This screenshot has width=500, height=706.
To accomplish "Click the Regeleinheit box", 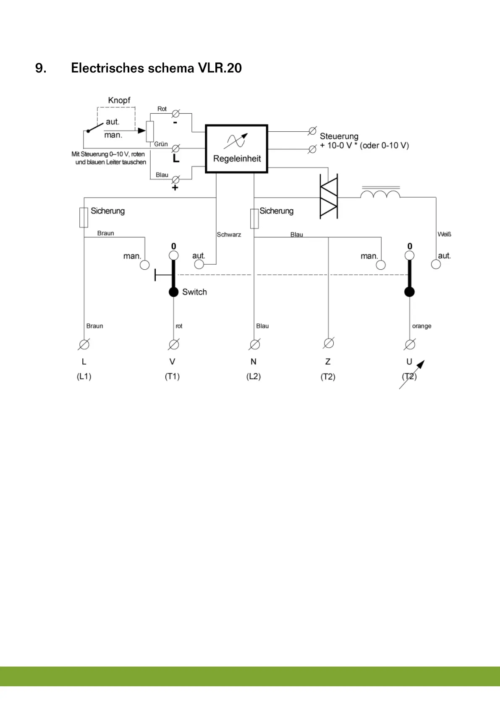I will (x=236, y=148).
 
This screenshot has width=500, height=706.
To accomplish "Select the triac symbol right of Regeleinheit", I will (x=328, y=196).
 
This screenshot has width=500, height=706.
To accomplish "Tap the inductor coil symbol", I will (x=380, y=194).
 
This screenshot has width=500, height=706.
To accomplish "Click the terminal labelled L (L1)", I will (x=84, y=344).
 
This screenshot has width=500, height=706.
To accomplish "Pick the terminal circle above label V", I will (x=173, y=344).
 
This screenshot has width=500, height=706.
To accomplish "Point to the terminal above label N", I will (x=254, y=344).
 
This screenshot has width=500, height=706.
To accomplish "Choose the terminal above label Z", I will (x=329, y=343).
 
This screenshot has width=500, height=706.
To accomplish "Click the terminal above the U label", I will (x=410, y=344).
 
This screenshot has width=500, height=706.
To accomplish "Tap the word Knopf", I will (x=119, y=100).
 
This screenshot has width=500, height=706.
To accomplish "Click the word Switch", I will (x=194, y=292).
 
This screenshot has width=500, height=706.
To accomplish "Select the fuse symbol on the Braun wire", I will (x=84, y=217).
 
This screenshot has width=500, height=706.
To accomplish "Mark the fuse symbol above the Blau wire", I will (x=254, y=219).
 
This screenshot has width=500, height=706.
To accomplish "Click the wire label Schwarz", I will (x=229, y=234).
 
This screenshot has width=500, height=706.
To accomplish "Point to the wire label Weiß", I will (x=444, y=234).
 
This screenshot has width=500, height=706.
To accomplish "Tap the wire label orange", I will (x=421, y=326).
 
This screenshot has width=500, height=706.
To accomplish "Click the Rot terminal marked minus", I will (x=176, y=114).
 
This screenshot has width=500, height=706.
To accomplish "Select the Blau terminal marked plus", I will (x=176, y=180).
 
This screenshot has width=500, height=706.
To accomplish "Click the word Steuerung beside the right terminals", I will (x=339, y=136).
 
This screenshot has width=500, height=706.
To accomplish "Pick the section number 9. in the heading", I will (x=41, y=68).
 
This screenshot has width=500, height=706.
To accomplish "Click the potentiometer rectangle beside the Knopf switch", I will (x=150, y=131).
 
